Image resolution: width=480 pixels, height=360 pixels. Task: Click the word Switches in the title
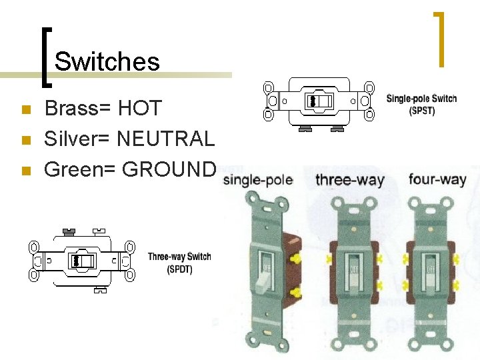tap(107, 61)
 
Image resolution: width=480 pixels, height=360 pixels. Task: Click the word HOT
tap(140, 107)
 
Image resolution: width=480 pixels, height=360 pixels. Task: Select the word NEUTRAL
tap(165, 138)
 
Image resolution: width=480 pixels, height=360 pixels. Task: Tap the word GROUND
tap(170, 169)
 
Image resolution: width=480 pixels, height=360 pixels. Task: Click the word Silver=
tap(77, 138)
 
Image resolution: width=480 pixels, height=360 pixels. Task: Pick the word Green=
tap(80, 169)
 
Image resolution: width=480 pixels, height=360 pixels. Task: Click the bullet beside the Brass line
tap(25, 109)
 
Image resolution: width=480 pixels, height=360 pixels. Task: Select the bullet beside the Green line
tap(25, 171)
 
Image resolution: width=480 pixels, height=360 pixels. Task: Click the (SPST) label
tap(421, 111)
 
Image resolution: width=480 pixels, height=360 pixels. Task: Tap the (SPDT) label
tap(179, 269)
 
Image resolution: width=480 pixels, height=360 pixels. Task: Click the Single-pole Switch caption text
tap(421, 99)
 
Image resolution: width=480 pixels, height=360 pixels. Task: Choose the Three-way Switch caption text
tap(179, 257)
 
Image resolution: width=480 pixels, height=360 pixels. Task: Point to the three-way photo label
tap(349, 180)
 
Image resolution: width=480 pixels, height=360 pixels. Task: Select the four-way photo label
tap(437, 179)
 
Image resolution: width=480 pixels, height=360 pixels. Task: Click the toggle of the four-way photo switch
tap(431, 270)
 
